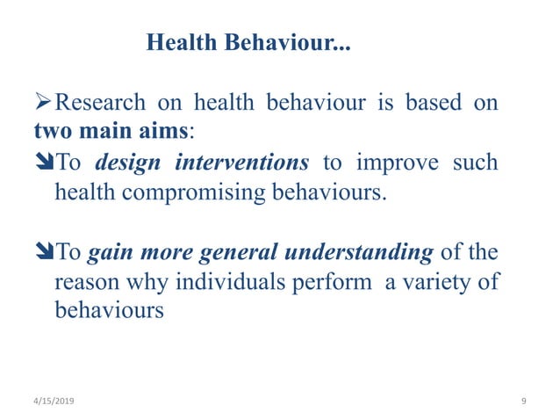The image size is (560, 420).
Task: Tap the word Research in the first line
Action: [100, 103]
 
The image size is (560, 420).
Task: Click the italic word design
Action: [126, 163]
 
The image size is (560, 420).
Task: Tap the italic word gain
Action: [109, 254]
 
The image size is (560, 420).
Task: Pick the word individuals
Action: [236, 283]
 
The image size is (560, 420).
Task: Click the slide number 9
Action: [523, 401]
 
